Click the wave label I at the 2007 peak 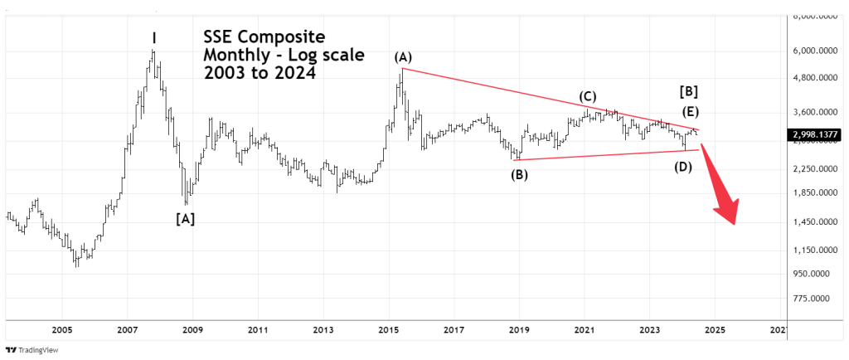[154, 37]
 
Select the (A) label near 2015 [403, 57]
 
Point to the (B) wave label [519, 174]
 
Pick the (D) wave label [683, 167]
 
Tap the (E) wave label [691, 112]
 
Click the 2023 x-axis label [649, 329]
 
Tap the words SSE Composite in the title [264, 38]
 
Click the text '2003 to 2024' [259, 72]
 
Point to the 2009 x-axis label [192, 329]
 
